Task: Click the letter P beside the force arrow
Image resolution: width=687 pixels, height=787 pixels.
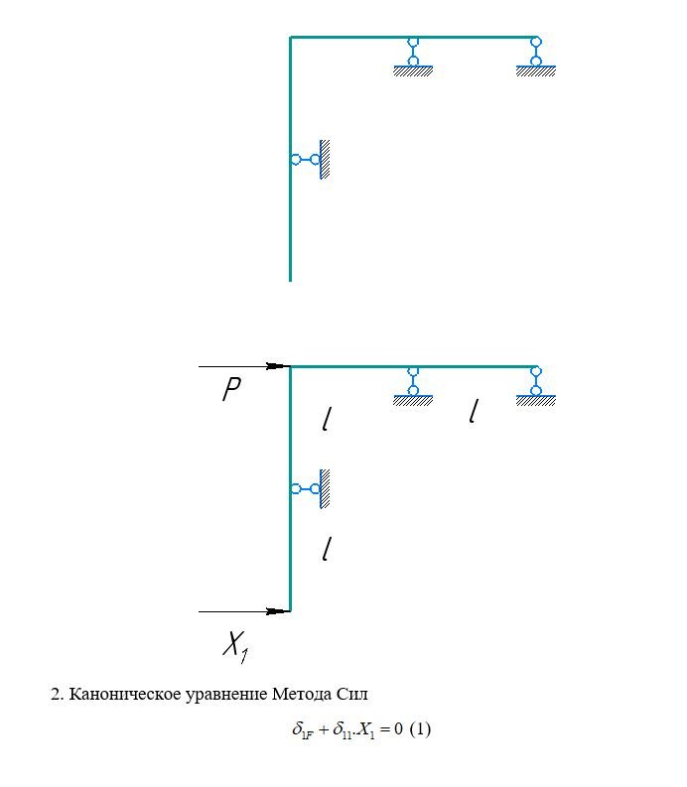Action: pos(231,389)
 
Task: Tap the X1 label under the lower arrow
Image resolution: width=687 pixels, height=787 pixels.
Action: pos(235,646)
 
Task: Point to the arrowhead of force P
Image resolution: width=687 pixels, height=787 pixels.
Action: pos(278,366)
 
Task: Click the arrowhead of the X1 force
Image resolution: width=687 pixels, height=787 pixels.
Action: pos(278,611)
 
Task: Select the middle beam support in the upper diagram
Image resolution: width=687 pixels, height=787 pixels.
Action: pos(413,57)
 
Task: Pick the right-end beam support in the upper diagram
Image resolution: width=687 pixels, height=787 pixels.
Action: pos(536,57)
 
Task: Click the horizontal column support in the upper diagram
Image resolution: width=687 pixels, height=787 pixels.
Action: pos(311,160)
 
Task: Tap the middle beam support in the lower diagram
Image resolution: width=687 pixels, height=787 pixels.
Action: pos(413,386)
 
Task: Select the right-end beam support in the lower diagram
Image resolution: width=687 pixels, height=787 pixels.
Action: pos(536,386)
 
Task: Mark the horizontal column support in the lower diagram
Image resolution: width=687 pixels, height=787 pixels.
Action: pos(311,489)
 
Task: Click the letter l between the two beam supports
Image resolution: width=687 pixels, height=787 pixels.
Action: pos(474,411)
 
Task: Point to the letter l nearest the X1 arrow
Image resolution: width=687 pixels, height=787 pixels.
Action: pos(327,549)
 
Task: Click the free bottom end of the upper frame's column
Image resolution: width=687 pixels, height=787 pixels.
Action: pos(290,281)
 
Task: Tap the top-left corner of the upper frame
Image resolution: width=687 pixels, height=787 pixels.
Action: pos(290,37)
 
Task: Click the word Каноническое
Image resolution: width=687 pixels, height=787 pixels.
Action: pos(124,694)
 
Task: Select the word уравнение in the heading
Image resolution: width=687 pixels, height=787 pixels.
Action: pos(226,695)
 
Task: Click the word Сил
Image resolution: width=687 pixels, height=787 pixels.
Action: pos(352,694)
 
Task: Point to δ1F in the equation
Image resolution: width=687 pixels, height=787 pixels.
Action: pos(304,729)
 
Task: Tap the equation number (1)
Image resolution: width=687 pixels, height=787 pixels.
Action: pos(420,729)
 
